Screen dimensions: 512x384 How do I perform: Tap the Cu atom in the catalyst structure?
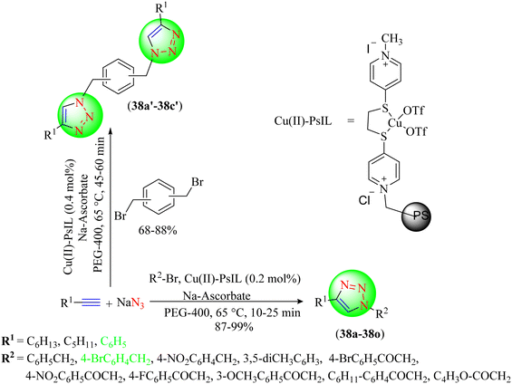pyautogui.click(x=395, y=122)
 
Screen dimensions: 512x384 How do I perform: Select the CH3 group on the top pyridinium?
pyautogui.click(x=391, y=40)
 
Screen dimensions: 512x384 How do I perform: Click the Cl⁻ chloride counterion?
pyautogui.click(x=366, y=198)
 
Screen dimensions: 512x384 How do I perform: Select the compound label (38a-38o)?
pyautogui.click(x=358, y=335)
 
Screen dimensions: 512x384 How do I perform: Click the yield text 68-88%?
pyautogui.click(x=158, y=230)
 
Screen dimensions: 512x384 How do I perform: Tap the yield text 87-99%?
pyautogui.click(x=234, y=327)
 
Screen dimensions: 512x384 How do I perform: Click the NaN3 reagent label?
pyautogui.click(x=130, y=303)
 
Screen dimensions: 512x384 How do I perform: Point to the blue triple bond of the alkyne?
pyautogui.click(x=91, y=303)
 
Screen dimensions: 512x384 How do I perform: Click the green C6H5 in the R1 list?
pyautogui.click(x=113, y=342)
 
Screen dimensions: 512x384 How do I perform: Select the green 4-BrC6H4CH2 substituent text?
pyautogui.click(x=116, y=360)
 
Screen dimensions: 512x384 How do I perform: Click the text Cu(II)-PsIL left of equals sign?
pyautogui.click(x=303, y=121)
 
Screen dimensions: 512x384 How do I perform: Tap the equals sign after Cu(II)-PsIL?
pyautogui.click(x=351, y=121)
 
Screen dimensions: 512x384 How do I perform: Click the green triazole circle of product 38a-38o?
pyautogui.click(x=353, y=293)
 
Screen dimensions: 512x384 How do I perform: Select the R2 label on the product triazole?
pyautogui.click(x=382, y=314)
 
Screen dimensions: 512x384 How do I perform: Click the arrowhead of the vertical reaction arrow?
pyautogui.click(x=110, y=130)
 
